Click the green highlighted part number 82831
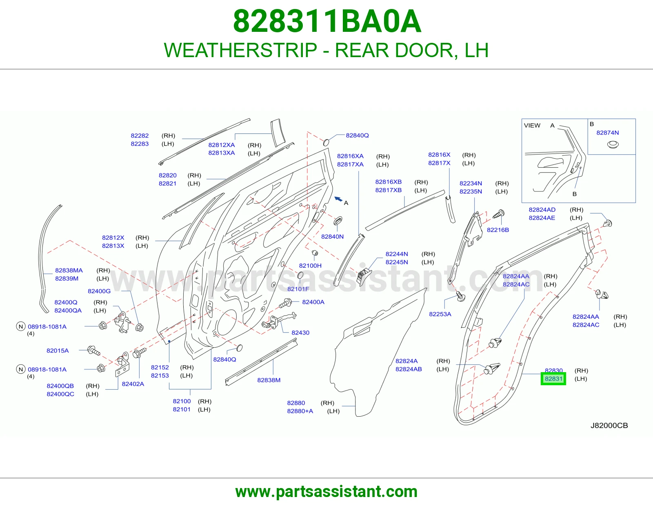553,379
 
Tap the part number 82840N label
332,237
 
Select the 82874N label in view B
607,133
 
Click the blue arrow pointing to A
338,199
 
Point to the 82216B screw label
498,230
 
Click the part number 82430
300,333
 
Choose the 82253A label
440,314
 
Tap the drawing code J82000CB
609,426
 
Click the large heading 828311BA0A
327,21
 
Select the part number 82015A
58,351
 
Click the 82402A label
133,384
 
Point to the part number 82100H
310,266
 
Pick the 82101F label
298,289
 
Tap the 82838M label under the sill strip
269,380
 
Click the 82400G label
99,291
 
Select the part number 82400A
313,302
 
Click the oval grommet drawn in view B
613,144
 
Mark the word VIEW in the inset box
532,125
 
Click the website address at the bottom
326,492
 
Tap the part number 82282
140,135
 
